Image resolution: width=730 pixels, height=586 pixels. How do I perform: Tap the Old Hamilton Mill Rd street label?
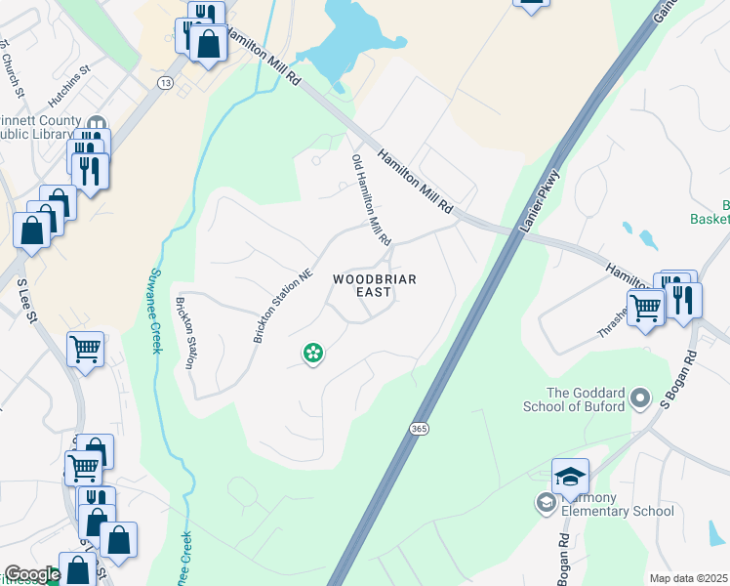pyautogui.click(x=371, y=199)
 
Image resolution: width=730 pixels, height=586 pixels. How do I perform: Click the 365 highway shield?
pyautogui.click(x=419, y=429)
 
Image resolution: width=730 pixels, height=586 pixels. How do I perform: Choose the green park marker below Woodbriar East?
pyautogui.click(x=313, y=353)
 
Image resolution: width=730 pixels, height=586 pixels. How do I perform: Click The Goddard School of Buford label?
pyautogui.click(x=585, y=399)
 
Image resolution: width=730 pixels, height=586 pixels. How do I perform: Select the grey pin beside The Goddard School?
pyautogui.click(x=640, y=398)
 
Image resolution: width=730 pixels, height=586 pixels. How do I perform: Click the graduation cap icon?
pyautogui.click(x=570, y=476)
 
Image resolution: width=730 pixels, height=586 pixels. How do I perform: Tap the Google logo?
pyautogui.click(x=31, y=574)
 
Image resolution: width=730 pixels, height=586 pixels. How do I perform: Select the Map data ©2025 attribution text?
pyautogui.click(x=689, y=578)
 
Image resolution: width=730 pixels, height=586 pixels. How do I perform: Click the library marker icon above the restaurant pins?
pyautogui.click(x=97, y=123)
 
